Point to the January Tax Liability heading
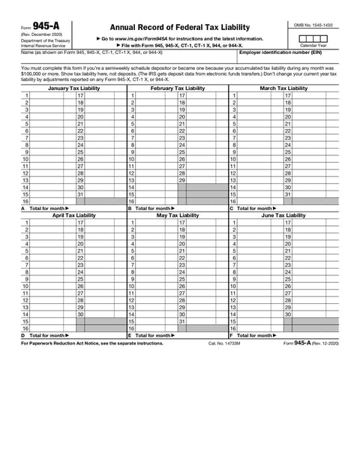coord(73,88)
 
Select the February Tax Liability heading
coord(178,88)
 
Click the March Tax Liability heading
coord(282,88)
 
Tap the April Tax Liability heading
coord(73,215)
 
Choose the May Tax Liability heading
coord(178,215)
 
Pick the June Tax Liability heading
coord(282,215)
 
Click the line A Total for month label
coord(48,208)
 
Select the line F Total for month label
coord(257,335)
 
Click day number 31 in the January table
coord(80,194)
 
